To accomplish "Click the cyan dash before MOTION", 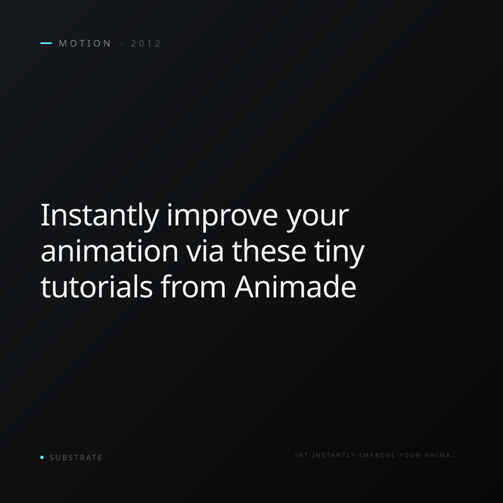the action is point(46,43).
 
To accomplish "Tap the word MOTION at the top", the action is point(85,43).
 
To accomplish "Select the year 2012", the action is point(145,43).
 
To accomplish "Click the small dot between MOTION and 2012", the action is point(122,43).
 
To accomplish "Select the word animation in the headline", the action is point(109,251).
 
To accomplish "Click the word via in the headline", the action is point(205,251).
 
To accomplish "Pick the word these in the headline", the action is point(269,251).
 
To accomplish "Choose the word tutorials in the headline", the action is point(96,286).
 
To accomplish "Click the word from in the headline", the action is point(193,286).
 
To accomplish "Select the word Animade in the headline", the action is point(295,286).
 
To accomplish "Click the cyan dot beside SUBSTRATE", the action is point(42,457).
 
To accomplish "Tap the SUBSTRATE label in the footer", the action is point(76,457).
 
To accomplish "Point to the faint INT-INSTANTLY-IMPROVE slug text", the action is point(376,455).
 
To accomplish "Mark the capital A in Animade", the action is point(244,286).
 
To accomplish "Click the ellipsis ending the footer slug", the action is point(454,456).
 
